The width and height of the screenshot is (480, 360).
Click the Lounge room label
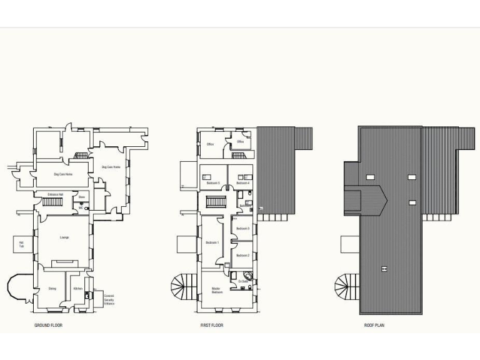pos(64,237)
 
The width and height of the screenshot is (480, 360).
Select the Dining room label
pos(52,289)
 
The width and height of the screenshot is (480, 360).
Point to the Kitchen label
pos(77,289)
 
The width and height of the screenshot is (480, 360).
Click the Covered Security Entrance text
pos(109,299)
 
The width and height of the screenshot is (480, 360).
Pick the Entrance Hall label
pos(56,195)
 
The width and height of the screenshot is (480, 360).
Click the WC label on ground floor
pos(81,207)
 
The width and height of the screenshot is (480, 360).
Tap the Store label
pos(82,197)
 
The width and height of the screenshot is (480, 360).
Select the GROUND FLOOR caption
pos(48,326)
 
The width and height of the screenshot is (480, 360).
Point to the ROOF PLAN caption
pos(374,326)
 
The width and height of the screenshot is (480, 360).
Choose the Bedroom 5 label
pos(213,183)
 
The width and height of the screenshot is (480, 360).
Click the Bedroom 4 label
pos(243,183)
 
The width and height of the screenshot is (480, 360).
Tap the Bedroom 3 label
pos(243,229)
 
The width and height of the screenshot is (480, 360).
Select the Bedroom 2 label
pos(243,256)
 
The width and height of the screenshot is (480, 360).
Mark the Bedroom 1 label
pos(212,242)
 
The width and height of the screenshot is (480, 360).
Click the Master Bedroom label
pos(217,291)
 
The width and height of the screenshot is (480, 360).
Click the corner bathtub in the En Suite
pos(249,276)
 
